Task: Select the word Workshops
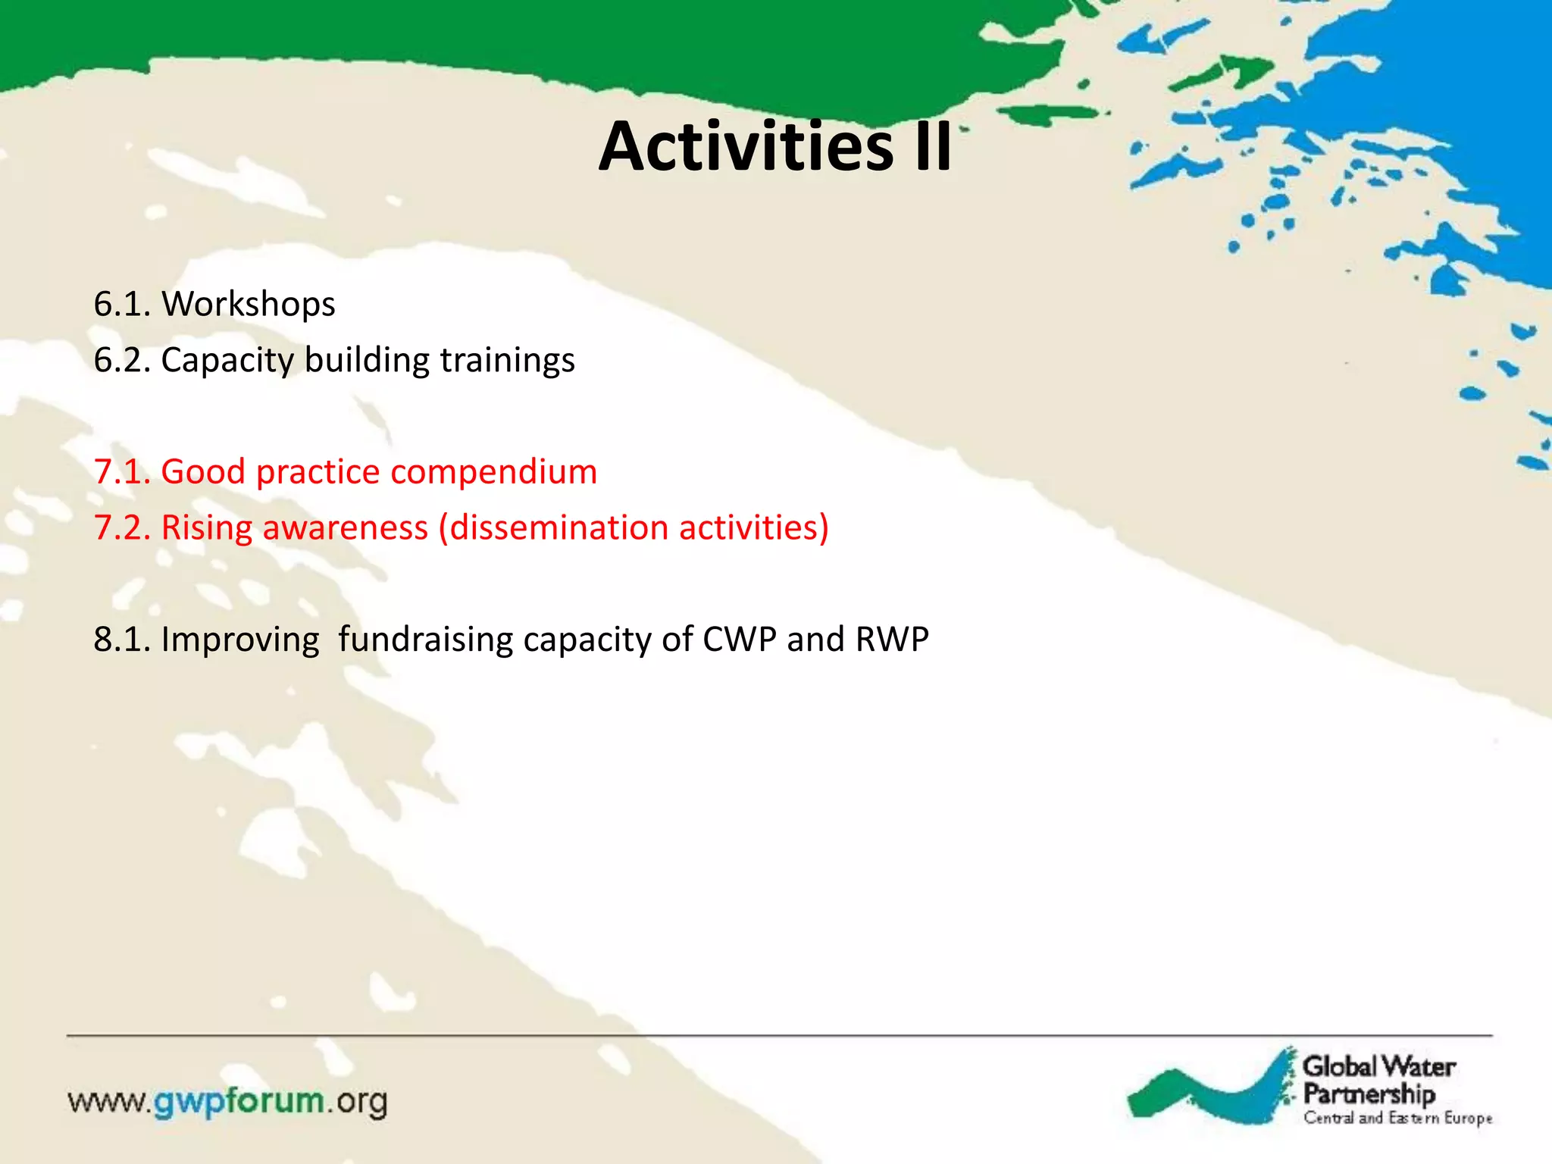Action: [x=248, y=304]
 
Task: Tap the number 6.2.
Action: [x=121, y=360]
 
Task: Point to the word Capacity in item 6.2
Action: [x=227, y=360]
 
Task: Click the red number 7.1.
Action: [x=121, y=472]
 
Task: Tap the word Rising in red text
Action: [x=207, y=528]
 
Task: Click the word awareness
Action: [x=345, y=528]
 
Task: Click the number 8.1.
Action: [x=121, y=640]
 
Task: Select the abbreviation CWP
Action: [x=739, y=640]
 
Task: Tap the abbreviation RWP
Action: [x=891, y=640]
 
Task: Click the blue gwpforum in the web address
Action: [x=239, y=1101]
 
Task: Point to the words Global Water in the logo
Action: [x=1378, y=1067]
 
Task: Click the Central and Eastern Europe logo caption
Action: [x=1397, y=1119]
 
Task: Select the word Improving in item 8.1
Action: [x=239, y=640]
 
